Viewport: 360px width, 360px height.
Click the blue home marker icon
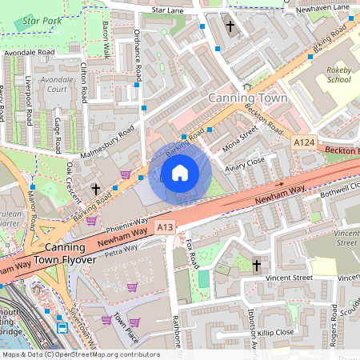[x=179, y=173]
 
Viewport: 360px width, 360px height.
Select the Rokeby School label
[x=338, y=75]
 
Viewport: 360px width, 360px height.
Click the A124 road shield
[x=303, y=142]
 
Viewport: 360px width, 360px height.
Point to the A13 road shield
[x=165, y=227]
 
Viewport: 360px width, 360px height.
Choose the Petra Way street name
[x=120, y=253]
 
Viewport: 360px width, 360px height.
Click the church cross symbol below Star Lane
[x=230, y=26]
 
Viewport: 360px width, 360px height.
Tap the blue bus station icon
[x=62, y=327]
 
